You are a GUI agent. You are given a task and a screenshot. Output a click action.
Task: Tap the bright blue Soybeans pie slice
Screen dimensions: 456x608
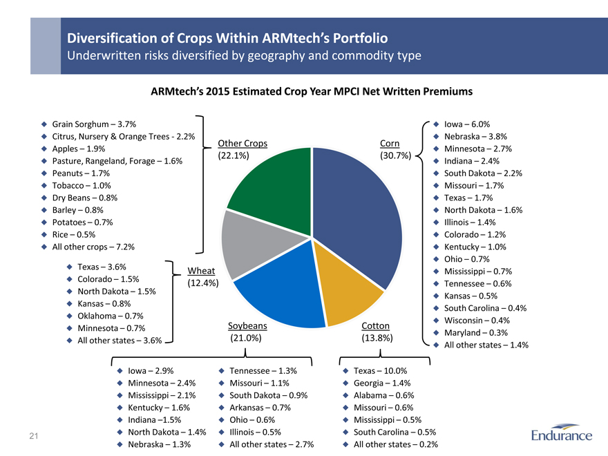280,294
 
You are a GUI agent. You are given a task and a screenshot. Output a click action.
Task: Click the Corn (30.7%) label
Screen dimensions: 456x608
395,149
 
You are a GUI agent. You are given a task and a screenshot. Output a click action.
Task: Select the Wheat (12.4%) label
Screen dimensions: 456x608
203,276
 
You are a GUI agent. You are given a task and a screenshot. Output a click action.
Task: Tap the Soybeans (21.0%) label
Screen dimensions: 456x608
247,332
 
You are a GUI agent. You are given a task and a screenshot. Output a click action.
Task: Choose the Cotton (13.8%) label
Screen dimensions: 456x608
376,332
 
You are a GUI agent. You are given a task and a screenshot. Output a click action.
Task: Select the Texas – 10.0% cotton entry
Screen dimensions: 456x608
380,370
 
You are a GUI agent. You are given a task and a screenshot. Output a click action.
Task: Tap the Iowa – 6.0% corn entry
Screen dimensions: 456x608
467,124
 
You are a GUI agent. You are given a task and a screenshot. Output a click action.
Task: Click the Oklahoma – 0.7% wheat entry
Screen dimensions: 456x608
110,315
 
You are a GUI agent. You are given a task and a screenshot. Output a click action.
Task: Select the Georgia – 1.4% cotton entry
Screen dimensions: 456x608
382,383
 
